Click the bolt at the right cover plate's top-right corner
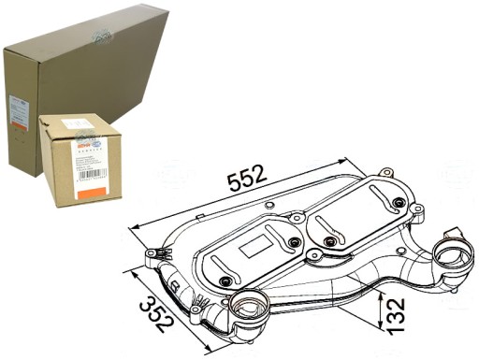coord(399,202)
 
